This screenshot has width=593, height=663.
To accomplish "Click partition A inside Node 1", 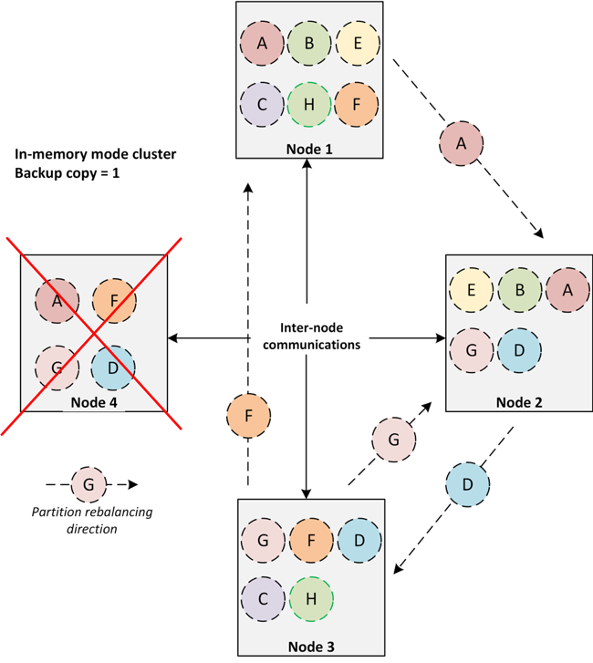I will [x=263, y=43].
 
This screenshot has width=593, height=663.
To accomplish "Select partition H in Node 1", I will [x=309, y=103].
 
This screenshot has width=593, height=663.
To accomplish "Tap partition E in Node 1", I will [x=358, y=43].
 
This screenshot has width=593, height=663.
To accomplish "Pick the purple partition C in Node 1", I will [x=263, y=103].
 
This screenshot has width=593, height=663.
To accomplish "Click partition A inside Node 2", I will [x=567, y=291].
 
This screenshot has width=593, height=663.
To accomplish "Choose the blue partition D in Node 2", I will [x=519, y=349].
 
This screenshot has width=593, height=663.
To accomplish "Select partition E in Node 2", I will [x=472, y=291].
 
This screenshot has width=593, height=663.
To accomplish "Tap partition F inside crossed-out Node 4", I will [x=114, y=298].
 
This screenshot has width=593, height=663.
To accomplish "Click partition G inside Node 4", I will [x=57, y=367].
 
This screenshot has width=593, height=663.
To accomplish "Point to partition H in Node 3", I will [x=311, y=598].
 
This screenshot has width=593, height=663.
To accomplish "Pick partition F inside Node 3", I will [x=311, y=541].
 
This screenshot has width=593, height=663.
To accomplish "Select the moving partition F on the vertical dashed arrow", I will [x=249, y=417].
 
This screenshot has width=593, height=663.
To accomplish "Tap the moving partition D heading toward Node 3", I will [x=467, y=484].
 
